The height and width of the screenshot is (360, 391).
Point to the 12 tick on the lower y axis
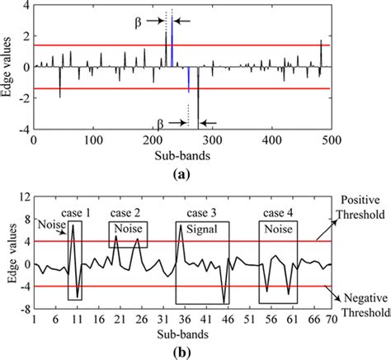click(26, 196)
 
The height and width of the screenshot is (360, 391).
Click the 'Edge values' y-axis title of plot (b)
click(10, 253)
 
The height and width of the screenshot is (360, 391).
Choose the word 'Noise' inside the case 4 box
click(276, 234)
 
